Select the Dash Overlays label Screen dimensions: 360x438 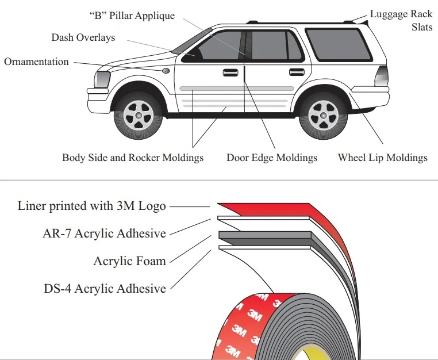[x=83, y=37]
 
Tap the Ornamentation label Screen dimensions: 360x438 [x=36, y=62]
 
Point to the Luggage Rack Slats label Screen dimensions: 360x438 [x=400, y=20]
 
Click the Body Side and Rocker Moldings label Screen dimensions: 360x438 [x=133, y=158]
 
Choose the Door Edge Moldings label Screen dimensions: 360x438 [x=272, y=158]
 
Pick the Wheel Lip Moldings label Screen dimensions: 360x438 [x=382, y=158]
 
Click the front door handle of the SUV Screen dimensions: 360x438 [x=230, y=72]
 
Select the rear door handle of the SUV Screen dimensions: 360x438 [x=297, y=72]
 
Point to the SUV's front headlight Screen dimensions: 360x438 [x=102, y=79]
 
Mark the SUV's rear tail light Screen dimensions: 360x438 [x=381, y=76]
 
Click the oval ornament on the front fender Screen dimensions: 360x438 [x=166, y=71]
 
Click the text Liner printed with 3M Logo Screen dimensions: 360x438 [x=92, y=205]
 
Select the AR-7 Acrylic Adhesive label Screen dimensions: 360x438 [x=104, y=233]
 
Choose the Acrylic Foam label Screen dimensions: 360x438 [x=129, y=261]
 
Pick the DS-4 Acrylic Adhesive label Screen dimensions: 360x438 [x=105, y=288]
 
